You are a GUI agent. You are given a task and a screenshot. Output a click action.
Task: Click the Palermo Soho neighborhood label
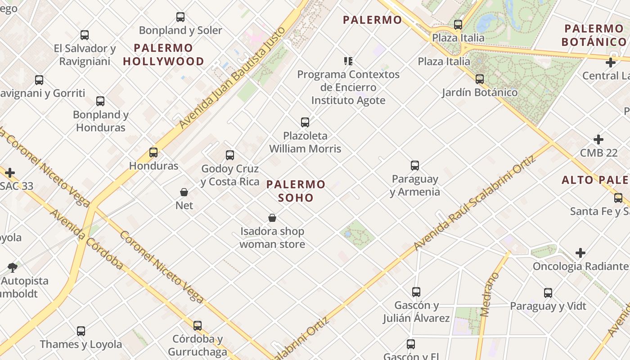tap(296, 191)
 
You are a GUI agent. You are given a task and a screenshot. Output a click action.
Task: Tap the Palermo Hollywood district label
tap(163, 54)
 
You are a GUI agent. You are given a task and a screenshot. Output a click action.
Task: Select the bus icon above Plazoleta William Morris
tap(305, 122)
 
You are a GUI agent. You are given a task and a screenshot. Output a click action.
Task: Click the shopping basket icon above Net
tap(184, 192)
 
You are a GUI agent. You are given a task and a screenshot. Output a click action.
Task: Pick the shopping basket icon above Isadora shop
tap(272, 218)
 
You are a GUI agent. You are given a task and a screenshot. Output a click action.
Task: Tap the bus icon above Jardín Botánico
tap(480, 79)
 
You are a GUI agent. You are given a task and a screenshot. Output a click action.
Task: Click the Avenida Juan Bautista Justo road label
tap(233, 77)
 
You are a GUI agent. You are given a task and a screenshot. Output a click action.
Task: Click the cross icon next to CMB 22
tap(598, 139)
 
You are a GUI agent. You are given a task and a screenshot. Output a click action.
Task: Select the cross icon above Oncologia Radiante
tap(580, 253)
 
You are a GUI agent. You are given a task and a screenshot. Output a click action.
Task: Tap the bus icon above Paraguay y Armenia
tap(415, 166)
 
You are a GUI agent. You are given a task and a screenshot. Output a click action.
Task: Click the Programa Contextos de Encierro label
tap(348, 81)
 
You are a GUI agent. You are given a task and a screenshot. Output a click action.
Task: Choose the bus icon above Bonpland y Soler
tap(180, 17)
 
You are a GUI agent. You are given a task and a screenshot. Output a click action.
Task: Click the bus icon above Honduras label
tap(153, 153)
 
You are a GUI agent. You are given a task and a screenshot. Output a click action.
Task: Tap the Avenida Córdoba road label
tap(86, 239)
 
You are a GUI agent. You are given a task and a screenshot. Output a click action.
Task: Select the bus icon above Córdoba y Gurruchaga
tap(198, 326)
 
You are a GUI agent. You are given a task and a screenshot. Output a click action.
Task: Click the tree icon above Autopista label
tap(13, 268)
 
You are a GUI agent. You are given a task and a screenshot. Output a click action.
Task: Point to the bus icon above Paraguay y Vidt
tap(548, 293)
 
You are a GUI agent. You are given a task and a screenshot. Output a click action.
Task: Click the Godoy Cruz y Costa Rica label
tap(230, 175)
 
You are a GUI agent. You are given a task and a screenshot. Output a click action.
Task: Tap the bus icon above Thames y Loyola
tap(81, 331)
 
